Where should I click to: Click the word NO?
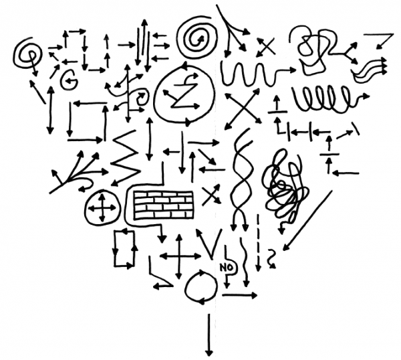pos(227,268)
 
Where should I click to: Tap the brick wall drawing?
pos(164,205)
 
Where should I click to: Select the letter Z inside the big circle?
pos(184,95)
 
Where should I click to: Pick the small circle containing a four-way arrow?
pos(102,207)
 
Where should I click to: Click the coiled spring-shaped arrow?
pos(330,99)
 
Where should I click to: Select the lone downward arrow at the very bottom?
pos(209,335)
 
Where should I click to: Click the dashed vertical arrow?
pos(258,244)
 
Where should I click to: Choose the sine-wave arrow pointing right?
pos(258,73)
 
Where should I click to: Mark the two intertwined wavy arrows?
pos(241,179)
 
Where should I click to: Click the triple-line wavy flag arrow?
pos(370,69)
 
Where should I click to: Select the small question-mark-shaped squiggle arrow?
pos(271,258)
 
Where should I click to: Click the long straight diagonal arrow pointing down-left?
pos(308,220)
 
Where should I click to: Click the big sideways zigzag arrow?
pos(126,157)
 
